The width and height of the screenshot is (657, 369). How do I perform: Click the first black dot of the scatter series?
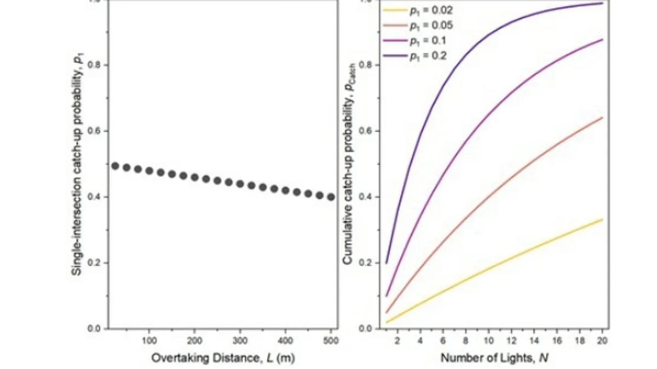pyautogui.click(x=115, y=166)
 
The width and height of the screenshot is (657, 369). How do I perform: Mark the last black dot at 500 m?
pyautogui.click(x=331, y=197)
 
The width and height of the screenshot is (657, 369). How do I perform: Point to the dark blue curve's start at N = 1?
pyautogui.click(x=387, y=263)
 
